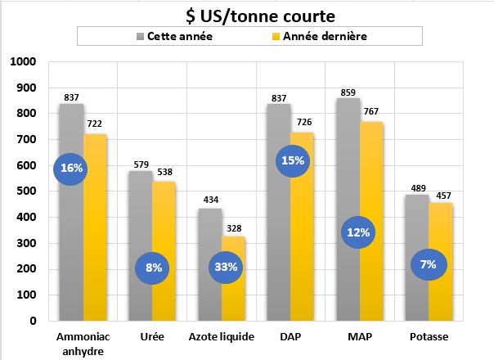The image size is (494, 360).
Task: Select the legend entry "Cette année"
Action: (173, 37)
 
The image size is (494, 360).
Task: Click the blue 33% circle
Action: (226, 267)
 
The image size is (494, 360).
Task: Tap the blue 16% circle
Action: (72, 169)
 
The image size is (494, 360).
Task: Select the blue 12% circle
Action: (358, 232)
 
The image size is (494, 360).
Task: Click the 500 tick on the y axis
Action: (27, 191)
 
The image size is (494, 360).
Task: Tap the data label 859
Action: (348, 92)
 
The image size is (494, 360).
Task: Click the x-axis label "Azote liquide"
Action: (222, 337)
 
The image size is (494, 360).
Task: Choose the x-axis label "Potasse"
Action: (429, 337)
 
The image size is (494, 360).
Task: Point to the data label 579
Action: (141, 164)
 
